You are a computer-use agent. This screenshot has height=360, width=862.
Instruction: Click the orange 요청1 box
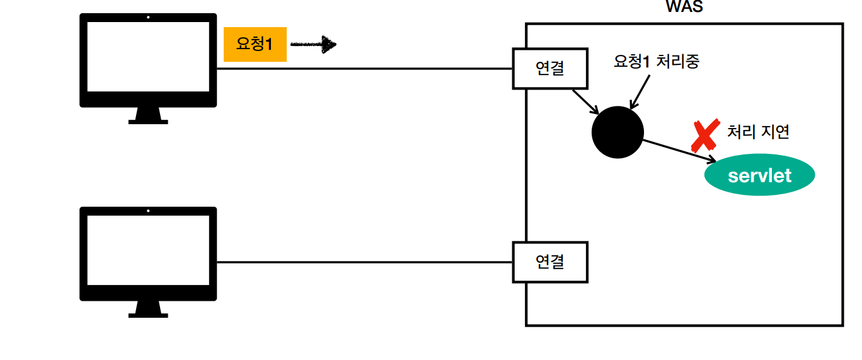tap(255, 44)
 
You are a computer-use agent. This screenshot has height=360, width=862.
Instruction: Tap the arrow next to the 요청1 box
tap(313, 44)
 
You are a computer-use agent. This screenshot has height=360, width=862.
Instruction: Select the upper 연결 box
tap(550, 68)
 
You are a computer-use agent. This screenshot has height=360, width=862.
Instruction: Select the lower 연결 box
tap(550, 261)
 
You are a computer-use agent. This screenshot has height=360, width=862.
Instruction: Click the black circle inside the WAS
tap(618, 132)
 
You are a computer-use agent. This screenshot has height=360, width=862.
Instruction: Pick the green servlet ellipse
tap(759, 175)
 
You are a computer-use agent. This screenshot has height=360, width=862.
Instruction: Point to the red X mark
tap(704, 136)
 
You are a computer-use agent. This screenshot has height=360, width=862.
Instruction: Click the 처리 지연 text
tap(758, 132)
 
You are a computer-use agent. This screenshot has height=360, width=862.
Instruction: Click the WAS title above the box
tap(684, 8)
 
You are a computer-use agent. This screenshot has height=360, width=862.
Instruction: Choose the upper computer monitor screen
tap(147, 57)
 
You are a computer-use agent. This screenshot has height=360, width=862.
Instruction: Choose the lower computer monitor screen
tap(147, 251)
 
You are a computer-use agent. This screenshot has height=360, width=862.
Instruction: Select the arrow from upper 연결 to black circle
tap(585, 102)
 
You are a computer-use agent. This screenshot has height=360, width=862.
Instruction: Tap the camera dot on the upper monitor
tap(147, 18)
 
